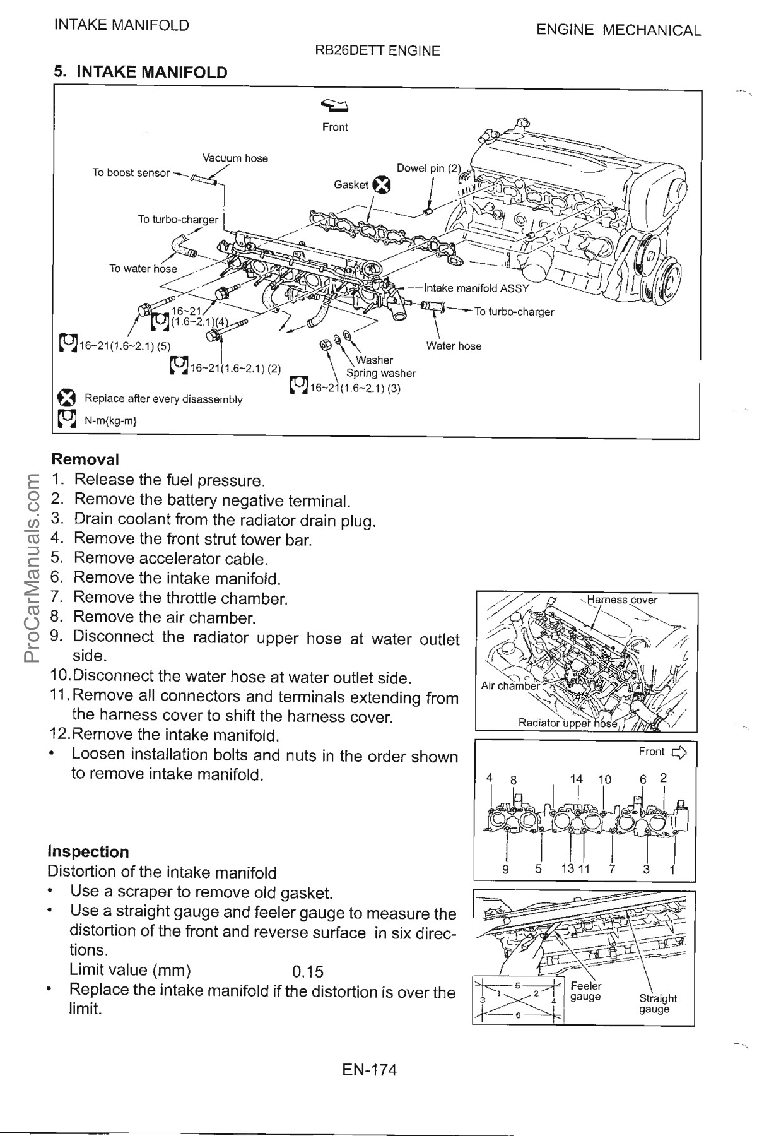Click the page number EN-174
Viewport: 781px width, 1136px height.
369,1070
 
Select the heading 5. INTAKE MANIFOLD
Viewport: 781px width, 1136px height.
140,72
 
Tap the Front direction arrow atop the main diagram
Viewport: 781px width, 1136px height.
335,105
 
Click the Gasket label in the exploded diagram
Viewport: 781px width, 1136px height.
351,185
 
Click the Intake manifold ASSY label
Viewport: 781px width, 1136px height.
476,288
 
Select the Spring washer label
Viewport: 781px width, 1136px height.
381,373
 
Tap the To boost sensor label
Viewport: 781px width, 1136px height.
131,172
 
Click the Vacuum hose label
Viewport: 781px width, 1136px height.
235,158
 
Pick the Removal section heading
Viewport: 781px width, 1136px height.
85,459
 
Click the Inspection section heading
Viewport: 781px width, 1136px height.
88,851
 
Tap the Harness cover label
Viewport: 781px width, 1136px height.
622,600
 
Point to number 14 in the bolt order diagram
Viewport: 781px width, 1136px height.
576,779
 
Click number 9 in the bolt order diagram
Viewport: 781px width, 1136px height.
505,870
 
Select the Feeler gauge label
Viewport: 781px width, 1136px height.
585,991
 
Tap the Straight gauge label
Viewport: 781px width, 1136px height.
657,1003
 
